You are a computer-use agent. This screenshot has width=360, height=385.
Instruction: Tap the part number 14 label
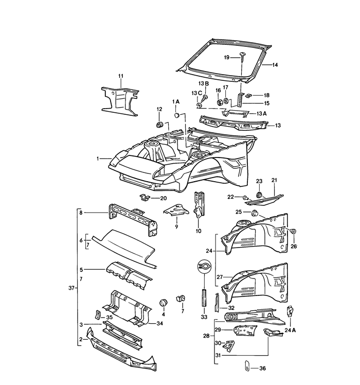pos(275,65)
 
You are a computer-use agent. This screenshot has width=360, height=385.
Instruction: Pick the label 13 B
pos(204,83)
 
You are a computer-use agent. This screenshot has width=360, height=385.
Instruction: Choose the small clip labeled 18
pos(247,95)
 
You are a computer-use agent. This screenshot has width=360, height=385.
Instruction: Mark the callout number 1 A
pos(176,102)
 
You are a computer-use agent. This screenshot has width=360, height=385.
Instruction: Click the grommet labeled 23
pos(259,194)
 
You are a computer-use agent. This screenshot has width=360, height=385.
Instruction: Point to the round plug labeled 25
pos(254,214)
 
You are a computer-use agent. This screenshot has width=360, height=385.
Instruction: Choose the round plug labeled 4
pos(164,301)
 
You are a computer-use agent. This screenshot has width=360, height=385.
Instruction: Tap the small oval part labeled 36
pos(246,366)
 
